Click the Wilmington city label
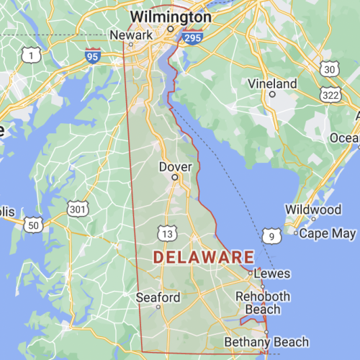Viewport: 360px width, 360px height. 171,16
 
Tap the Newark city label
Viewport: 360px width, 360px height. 130,35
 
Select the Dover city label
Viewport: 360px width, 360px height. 175,167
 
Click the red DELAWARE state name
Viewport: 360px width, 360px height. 204,257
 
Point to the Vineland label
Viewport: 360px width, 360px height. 272,84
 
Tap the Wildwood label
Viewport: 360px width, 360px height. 313,210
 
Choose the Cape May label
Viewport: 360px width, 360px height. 327,233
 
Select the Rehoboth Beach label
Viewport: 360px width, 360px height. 264,302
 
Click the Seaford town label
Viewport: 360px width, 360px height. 158,297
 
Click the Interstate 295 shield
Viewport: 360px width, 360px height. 191,37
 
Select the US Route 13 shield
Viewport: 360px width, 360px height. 167,234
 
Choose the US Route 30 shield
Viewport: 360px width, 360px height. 329,68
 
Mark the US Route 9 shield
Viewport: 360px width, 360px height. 271,235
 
